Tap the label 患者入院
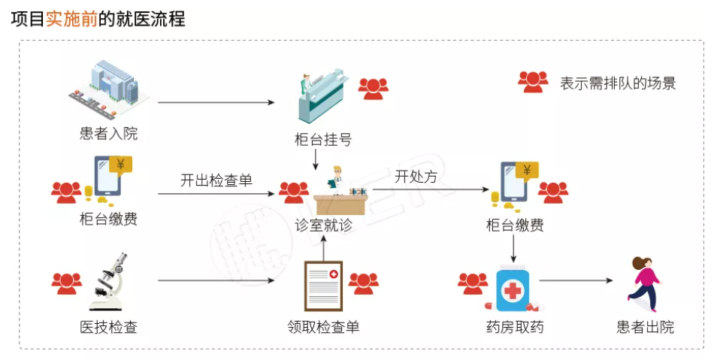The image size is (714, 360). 108,133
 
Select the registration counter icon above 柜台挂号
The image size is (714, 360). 323,95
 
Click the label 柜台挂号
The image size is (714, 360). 323,139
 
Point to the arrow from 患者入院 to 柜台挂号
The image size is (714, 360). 216,102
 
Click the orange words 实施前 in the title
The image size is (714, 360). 72,19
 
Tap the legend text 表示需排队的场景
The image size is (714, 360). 618,83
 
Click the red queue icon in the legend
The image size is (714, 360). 533,82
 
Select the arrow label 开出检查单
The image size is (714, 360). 216,180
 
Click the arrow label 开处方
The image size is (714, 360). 416,176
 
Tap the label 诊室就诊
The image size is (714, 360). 323,225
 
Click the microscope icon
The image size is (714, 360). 108,281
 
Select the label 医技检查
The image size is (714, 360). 108,327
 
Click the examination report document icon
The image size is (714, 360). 323,286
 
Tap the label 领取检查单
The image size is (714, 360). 323,327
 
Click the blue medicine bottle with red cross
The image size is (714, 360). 513,289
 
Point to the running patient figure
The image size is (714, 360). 644,283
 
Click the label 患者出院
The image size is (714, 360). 646,327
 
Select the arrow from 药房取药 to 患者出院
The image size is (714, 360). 576,280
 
